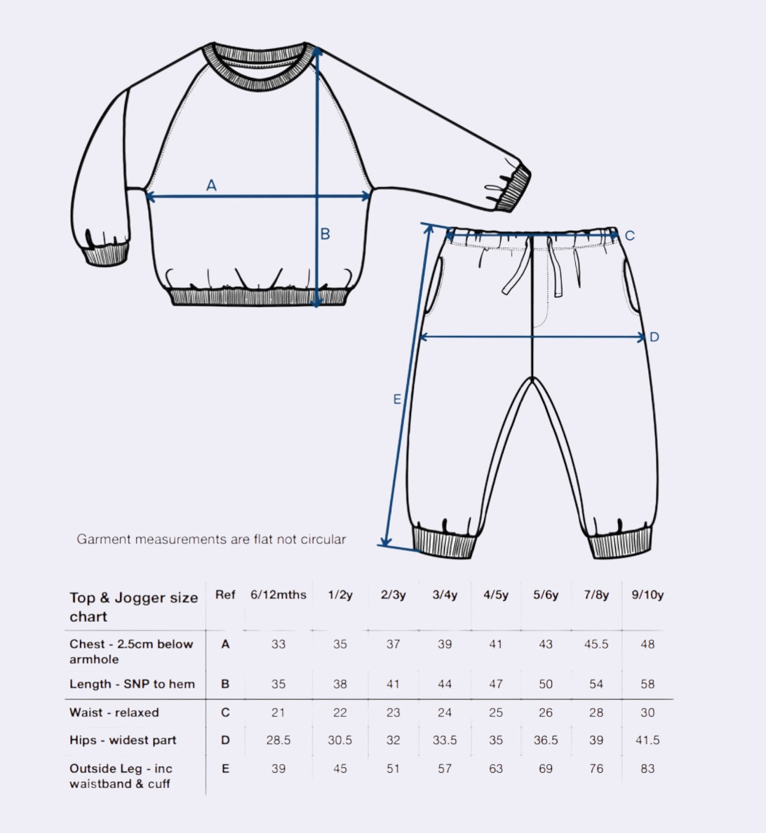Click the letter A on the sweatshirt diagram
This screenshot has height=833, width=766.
pos(211,185)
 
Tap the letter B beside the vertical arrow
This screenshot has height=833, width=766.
pos(325,234)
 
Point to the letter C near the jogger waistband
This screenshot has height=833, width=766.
pos(629,236)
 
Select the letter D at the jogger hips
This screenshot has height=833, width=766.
pos(654,337)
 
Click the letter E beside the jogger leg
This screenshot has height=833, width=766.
pos(397,400)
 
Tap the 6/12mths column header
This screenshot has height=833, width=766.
pos(278,595)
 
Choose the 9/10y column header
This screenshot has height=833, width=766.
pos(647,595)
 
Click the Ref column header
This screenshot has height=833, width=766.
pos(225,595)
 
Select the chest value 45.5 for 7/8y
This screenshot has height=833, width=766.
pos(596,644)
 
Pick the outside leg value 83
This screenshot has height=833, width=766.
pos(647,768)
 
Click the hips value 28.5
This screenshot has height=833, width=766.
pos(278,740)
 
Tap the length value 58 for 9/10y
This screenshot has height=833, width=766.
pos(647,684)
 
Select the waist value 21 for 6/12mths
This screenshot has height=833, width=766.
pos(278,712)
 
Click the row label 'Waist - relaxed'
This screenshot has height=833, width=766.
pos(114,712)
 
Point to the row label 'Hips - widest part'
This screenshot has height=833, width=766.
pos(123,740)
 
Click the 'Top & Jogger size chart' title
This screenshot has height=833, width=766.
pos(133,607)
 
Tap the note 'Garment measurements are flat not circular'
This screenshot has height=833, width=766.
pos(211,539)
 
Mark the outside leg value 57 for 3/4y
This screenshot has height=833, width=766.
pos(445,768)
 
